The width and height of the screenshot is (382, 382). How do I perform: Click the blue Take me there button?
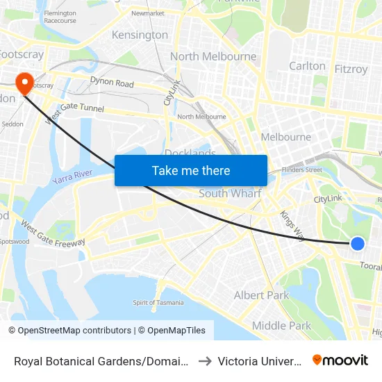coord(191,170)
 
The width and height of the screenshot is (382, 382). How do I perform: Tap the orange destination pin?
coord(26,83)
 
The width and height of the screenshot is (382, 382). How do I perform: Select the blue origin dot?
coord(357,243)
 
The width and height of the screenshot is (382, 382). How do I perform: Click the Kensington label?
coord(140,35)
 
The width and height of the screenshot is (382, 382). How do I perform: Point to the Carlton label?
coord(307,66)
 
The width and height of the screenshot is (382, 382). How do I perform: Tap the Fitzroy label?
coord(351,69)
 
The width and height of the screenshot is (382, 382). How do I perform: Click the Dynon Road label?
coord(111,83)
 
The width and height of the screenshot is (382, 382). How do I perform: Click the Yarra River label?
coord(72,177)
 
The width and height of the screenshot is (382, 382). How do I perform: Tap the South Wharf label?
coord(230,194)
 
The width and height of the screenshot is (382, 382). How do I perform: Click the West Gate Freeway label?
coord(53,234)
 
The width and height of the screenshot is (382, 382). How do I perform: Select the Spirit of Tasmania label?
coord(158,302)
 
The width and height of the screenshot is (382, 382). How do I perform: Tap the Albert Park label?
coord(261,295)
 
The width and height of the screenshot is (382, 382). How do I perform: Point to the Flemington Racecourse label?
coord(60,17)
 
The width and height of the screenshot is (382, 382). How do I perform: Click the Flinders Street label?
coord(303,169)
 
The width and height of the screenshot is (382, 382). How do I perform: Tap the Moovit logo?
coord(340,360)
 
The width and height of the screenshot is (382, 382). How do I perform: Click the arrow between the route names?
coord(206,360)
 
